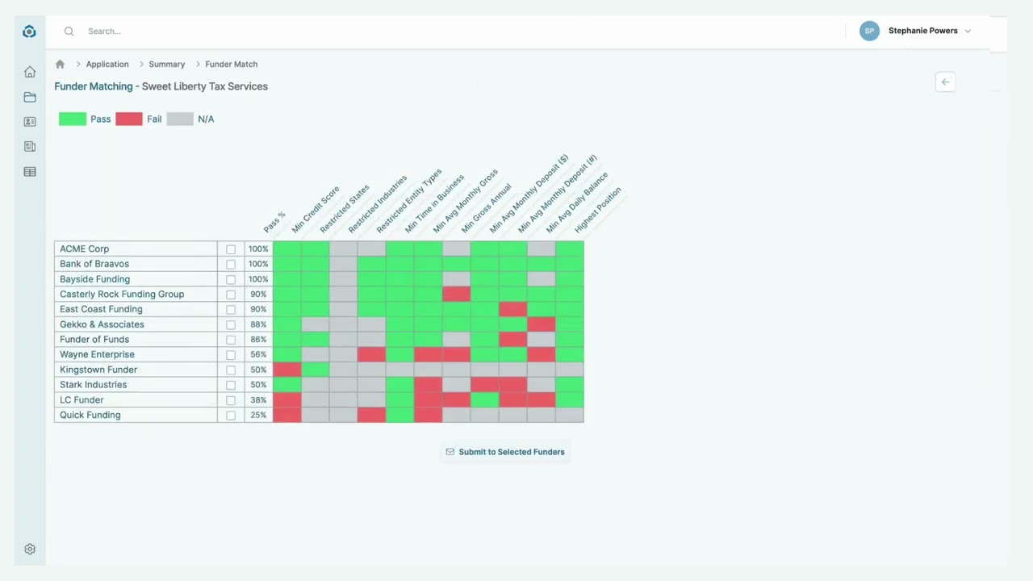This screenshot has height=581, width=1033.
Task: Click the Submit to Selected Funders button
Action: pyautogui.click(x=505, y=452)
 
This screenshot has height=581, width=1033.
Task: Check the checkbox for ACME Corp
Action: pyautogui.click(x=231, y=249)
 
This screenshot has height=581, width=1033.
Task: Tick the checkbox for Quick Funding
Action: pyautogui.click(x=231, y=416)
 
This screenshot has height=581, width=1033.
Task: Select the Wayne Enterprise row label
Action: pyautogui.click(x=97, y=354)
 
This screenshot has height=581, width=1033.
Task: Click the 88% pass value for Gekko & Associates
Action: pyautogui.click(x=258, y=324)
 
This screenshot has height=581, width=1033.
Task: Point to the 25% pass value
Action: pyautogui.click(x=258, y=416)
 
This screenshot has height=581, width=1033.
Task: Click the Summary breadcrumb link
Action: pyautogui.click(x=166, y=65)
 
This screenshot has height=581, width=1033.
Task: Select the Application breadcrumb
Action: pyautogui.click(x=107, y=65)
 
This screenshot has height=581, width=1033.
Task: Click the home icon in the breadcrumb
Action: pyautogui.click(x=60, y=65)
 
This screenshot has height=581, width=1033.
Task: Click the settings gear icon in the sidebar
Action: pyautogui.click(x=30, y=550)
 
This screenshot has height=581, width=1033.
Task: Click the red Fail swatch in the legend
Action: pyautogui.click(x=128, y=119)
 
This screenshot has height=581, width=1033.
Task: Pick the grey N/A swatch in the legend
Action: pyautogui.click(x=180, y=119)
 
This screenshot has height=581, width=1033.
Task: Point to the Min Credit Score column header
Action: pyautogui.click(x=316, y=210)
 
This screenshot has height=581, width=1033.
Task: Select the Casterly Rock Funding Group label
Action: pyautogui.click(x=122, y=295)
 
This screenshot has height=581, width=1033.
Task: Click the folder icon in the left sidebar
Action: pyautogui.click(x=30, y=98)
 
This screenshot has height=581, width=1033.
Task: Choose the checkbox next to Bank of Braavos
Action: pyautogui.click(x=231, y=265)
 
